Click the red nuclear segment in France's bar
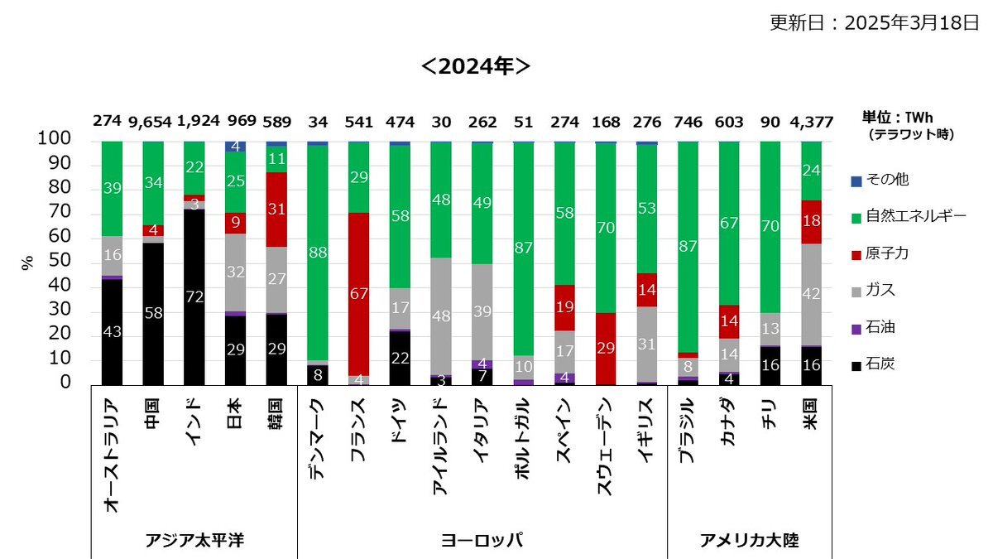(x=359, y=294)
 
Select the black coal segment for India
(x=194, y=297)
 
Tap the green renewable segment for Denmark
(x=318, y=253)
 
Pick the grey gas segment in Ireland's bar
(x=441, y=316)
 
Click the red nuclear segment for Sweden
(x=606, y=349)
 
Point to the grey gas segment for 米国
(x=811, y=294)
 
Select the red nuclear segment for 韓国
(x=276, y=210)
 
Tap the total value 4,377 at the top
(x=811, y=122)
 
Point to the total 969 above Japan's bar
(x=235, y=122)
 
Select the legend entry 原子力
(x=887, y=253)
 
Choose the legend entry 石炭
(x=880, y=365)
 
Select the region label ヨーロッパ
(x=482, y=540)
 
